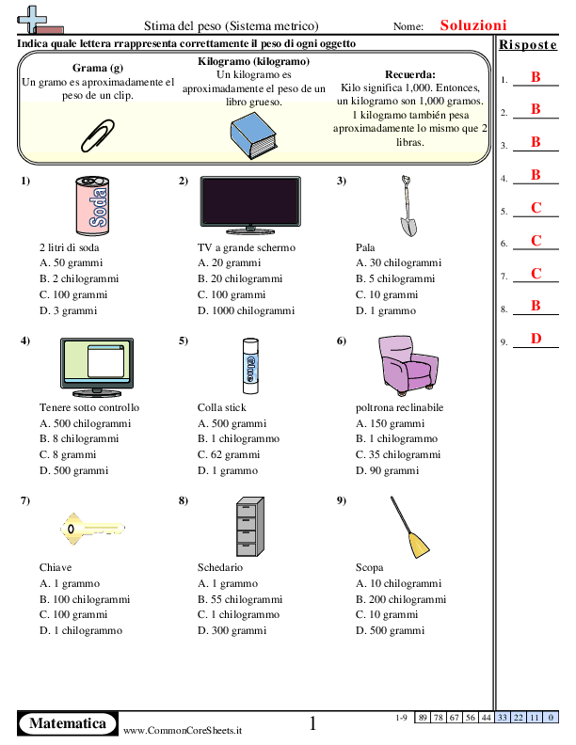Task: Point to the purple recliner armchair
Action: click(404, 365)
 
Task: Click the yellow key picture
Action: click(90, 525)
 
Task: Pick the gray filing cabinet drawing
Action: click(248, 525)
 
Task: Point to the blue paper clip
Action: click(97, 134)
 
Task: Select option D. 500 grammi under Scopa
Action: click(387, 630)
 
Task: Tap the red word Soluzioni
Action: click(473, 26)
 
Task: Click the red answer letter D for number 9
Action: click(536, 339)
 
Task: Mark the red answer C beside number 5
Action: click(536, 208)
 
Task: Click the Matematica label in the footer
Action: click(67, 723)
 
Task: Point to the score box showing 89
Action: click(425, 718)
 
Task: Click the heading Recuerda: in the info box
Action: click(410, 74)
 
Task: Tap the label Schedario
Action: click(220, 567)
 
